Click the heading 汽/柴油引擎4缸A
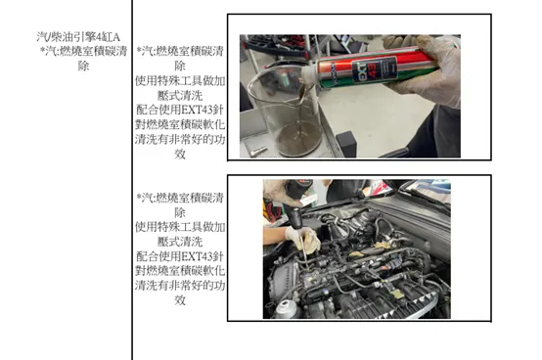(69, 36)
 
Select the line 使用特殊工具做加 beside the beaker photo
(180, 81)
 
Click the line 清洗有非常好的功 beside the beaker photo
(180, 140)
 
